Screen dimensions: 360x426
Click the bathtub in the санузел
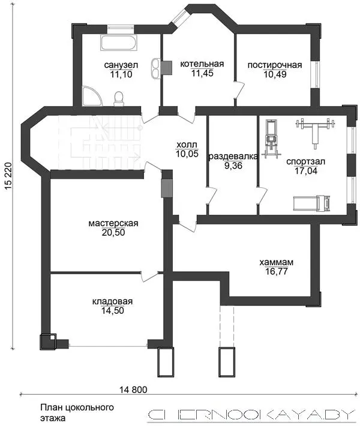[x=118, y=43]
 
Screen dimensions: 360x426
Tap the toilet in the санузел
[x=119, y=98]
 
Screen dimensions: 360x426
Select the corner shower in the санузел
[x=92, y=96]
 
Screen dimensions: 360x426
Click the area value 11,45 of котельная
[x=202, y=73]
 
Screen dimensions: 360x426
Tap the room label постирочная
[x=275, y=65]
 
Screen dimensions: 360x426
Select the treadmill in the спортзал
[x=311, y=203]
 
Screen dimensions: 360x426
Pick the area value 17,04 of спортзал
[x=305, y=171]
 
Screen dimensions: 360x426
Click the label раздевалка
[x=233, y=156]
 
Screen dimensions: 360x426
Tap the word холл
[x=187, y=144]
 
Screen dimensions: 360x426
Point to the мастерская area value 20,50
[x=113, y=233]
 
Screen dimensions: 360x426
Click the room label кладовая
[x=112, y=301]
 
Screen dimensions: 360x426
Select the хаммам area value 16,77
[x=277, y=271]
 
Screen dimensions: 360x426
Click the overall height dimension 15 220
[x=8, y=176]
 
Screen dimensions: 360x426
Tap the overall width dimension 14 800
[x=133, y=390]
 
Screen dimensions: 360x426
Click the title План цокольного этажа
[x=77, y=412]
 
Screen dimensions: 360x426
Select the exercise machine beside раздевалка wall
[x=271, y=139]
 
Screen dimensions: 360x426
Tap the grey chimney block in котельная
[x=167, y=67]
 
